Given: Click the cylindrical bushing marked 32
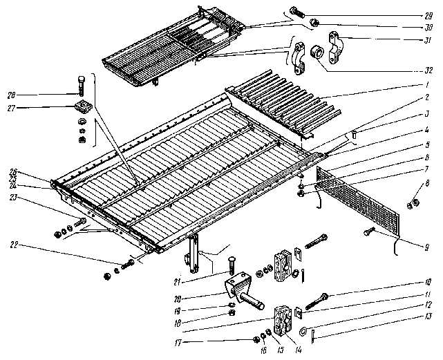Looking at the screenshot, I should pyautogui.click(x=318, y=53).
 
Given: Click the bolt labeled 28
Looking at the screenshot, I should pyautogui.click(x=83, y=86).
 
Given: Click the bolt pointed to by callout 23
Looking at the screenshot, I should pyautogui.click(x=82, y=221).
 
